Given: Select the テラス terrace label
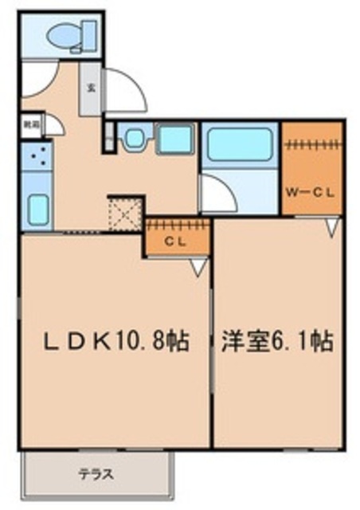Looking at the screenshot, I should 95,476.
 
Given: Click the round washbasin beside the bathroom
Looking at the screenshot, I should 132,140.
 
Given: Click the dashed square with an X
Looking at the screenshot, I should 125,214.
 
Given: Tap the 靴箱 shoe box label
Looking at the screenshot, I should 31,124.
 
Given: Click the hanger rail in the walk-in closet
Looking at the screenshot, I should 312,145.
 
